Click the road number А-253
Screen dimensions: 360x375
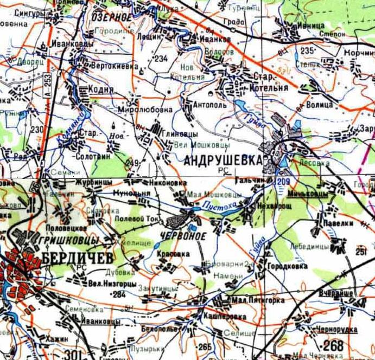48,86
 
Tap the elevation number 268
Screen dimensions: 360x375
333,345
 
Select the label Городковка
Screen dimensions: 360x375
287,267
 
